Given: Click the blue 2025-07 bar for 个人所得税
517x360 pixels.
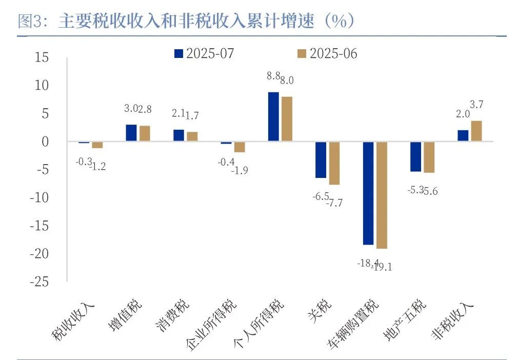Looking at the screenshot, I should point(273,116).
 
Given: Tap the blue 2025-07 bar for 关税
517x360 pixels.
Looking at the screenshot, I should point(321,159).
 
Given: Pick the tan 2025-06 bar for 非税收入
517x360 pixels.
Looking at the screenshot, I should point(476,131).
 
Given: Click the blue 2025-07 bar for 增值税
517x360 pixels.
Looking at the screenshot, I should point(131,133).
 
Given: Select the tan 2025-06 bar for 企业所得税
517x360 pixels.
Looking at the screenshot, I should point(239,147).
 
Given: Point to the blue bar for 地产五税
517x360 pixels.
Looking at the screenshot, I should point(415,156).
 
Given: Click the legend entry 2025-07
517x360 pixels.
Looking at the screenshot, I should point(205,53).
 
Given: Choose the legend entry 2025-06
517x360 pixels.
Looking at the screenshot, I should point(327,53).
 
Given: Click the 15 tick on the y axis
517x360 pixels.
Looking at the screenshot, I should point(42,57).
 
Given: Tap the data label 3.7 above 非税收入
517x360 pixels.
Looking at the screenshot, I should point(476,105).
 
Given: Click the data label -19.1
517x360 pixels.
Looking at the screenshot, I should point(381,267).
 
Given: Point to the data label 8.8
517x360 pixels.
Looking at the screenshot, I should point(273,76).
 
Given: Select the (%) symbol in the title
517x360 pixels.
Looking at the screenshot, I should point(340,21).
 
